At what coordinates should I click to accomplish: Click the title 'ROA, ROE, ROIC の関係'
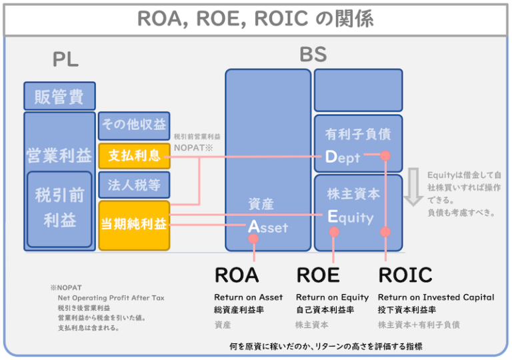point(255,18)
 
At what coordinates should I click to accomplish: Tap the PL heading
point(65,59)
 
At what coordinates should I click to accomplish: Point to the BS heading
point(313,54)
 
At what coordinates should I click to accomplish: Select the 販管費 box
point(59,97)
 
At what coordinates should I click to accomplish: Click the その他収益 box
point(134,125)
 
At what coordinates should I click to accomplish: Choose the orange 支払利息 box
point(134,156)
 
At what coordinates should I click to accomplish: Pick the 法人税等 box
point(134,185)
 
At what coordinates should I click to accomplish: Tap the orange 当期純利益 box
point(134,225)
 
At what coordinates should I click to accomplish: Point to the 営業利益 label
point(59,155)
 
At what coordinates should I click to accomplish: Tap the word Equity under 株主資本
point(350,217)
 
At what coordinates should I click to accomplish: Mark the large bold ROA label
point(236,275)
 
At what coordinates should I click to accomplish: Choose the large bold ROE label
point(318,275)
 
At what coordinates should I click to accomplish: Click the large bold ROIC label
point(405,275)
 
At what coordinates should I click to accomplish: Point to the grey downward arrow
point(413,187)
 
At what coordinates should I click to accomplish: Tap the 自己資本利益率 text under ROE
point(325,310)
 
